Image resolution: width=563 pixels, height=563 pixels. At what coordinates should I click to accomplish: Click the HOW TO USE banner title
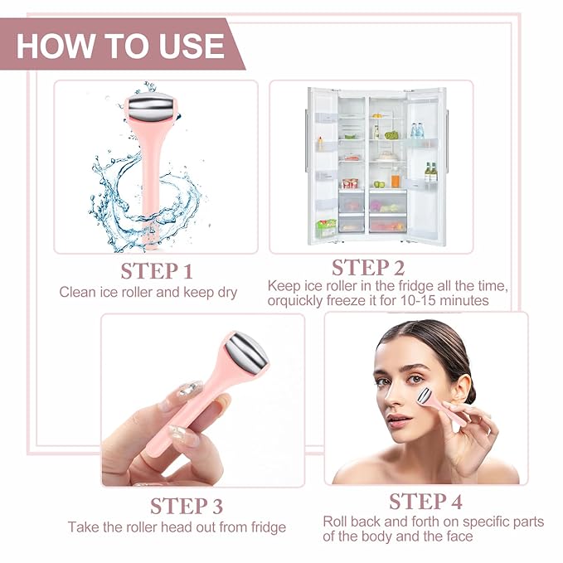(x=121, y=45)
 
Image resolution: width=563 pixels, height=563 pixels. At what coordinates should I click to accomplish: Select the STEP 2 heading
(x=368, y=267)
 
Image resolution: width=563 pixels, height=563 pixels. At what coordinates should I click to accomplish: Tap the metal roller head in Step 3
(x=246, y=352)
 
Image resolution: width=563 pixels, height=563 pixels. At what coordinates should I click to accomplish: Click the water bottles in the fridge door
(x=416, y=130)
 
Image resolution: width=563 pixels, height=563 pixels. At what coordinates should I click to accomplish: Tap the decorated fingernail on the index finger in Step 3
(x=189, y=389)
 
